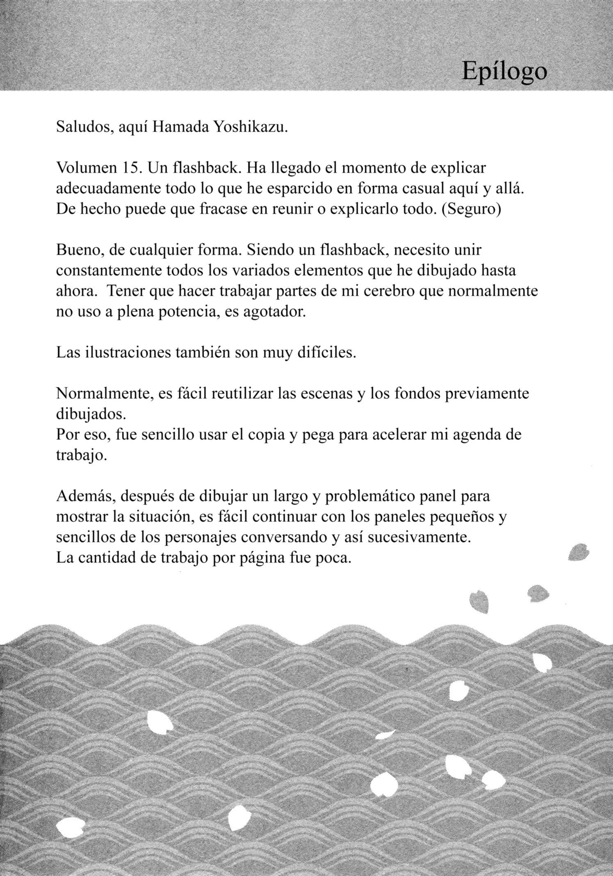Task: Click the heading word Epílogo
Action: pyautogui.click(x=504, y=72)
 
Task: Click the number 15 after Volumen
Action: pyautogui.click(x=130, y=168)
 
